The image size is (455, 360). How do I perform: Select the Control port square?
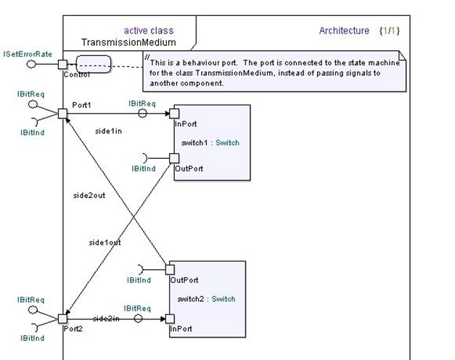click(x=63, y=65)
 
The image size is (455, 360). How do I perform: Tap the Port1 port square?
click(x=63, y=113)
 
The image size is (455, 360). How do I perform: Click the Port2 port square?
click(x=63, y=318)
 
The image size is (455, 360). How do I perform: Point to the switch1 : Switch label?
click(x=210, y=143)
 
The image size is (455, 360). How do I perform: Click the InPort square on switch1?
click(x=173, y=113)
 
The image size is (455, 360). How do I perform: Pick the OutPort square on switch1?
click(x=173, y=158)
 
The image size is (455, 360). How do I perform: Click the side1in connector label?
click(x=109, y=130)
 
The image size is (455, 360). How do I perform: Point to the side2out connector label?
click(x=89, y=196)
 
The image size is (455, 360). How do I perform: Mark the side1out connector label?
click(x=105, y=242)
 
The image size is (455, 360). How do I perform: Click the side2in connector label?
click(x=106, y=319)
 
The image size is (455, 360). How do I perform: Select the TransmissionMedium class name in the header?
click(x=128, y=43)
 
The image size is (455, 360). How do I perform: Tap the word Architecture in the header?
click(x=344, y=30)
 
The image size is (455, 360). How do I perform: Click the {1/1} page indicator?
click(x=389, y=30)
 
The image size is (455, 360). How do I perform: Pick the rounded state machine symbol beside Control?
click(x=94, y=64)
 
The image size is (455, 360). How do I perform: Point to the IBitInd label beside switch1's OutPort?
click(x=144, y=168)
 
